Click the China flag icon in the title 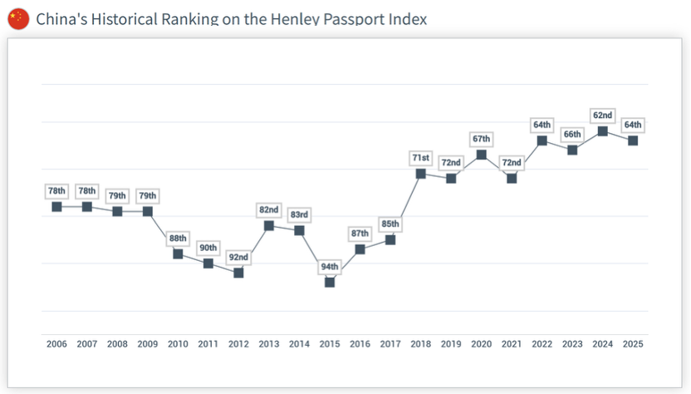coord(17,18)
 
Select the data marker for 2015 coord(330,282)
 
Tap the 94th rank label coord(330,267)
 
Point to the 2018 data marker coord(421,174)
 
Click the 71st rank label coord(421,158)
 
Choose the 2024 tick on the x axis coord(603,343)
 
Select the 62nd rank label coord(603,116)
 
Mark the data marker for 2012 coord(238,273)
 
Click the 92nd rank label coord(238,258)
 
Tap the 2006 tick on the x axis coord(56,343)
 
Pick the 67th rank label coord(482,139)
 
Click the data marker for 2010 coord(178,254)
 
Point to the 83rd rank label coord(299,215)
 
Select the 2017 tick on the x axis coord(390,343)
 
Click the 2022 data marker coord(542,140)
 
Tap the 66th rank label coord(572,134)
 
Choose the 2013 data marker coord(269,225)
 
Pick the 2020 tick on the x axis coord(482,343)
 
